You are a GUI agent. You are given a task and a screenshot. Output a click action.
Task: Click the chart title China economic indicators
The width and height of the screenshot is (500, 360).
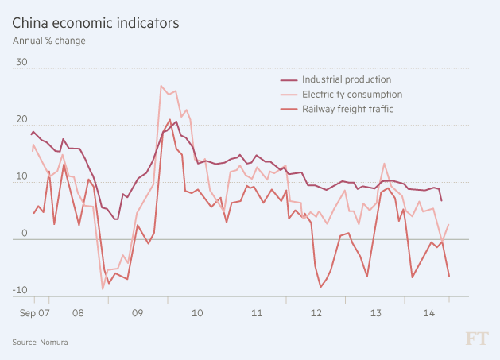tap(95, 22)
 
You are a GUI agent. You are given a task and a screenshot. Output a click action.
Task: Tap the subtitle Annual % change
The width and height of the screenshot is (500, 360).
tap(48, 41)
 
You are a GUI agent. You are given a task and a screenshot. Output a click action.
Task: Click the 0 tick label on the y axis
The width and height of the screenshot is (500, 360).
tap(24, 234)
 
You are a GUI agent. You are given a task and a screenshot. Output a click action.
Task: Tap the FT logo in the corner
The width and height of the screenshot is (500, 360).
tap(475, 339)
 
